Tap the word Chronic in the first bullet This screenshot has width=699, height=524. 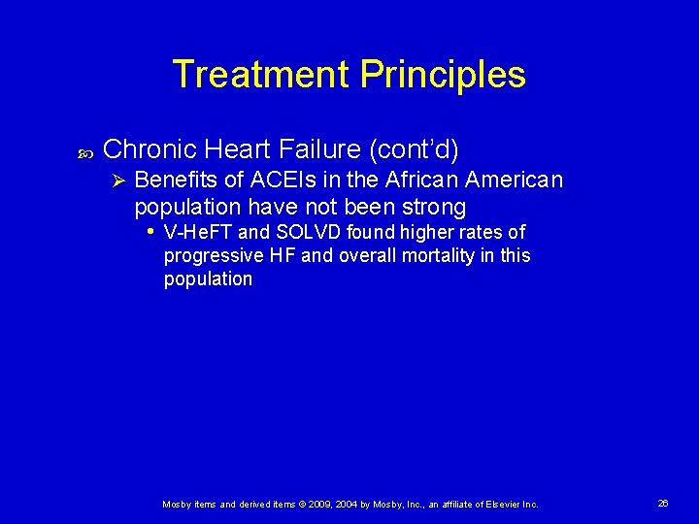(150, 149)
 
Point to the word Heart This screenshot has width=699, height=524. (240, 149)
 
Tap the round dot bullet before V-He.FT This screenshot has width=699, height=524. (150, 232)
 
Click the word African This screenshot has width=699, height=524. (423, 180)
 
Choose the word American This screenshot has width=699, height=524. (516, 180)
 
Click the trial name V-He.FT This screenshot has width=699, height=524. (199, 232)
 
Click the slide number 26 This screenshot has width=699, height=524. (663, 504)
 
